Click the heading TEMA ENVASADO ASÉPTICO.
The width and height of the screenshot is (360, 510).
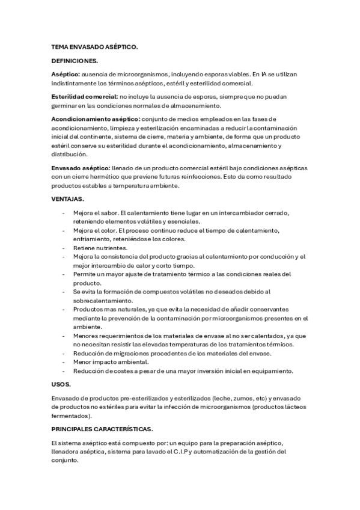coord(94,46)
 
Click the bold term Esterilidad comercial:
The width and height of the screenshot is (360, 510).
coord(85,97)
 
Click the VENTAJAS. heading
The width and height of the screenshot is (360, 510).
coord(68,198)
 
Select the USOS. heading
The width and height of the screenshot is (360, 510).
coord(61,384)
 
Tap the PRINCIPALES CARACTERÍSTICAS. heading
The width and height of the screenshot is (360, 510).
coord(102,429)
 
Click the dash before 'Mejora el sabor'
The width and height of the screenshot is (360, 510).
coord(64,212)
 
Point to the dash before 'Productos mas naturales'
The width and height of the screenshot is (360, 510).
coord(64,309)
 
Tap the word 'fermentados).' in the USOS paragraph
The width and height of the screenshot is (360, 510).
coord(72,416)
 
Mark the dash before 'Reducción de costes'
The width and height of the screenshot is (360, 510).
coord(64,370)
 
